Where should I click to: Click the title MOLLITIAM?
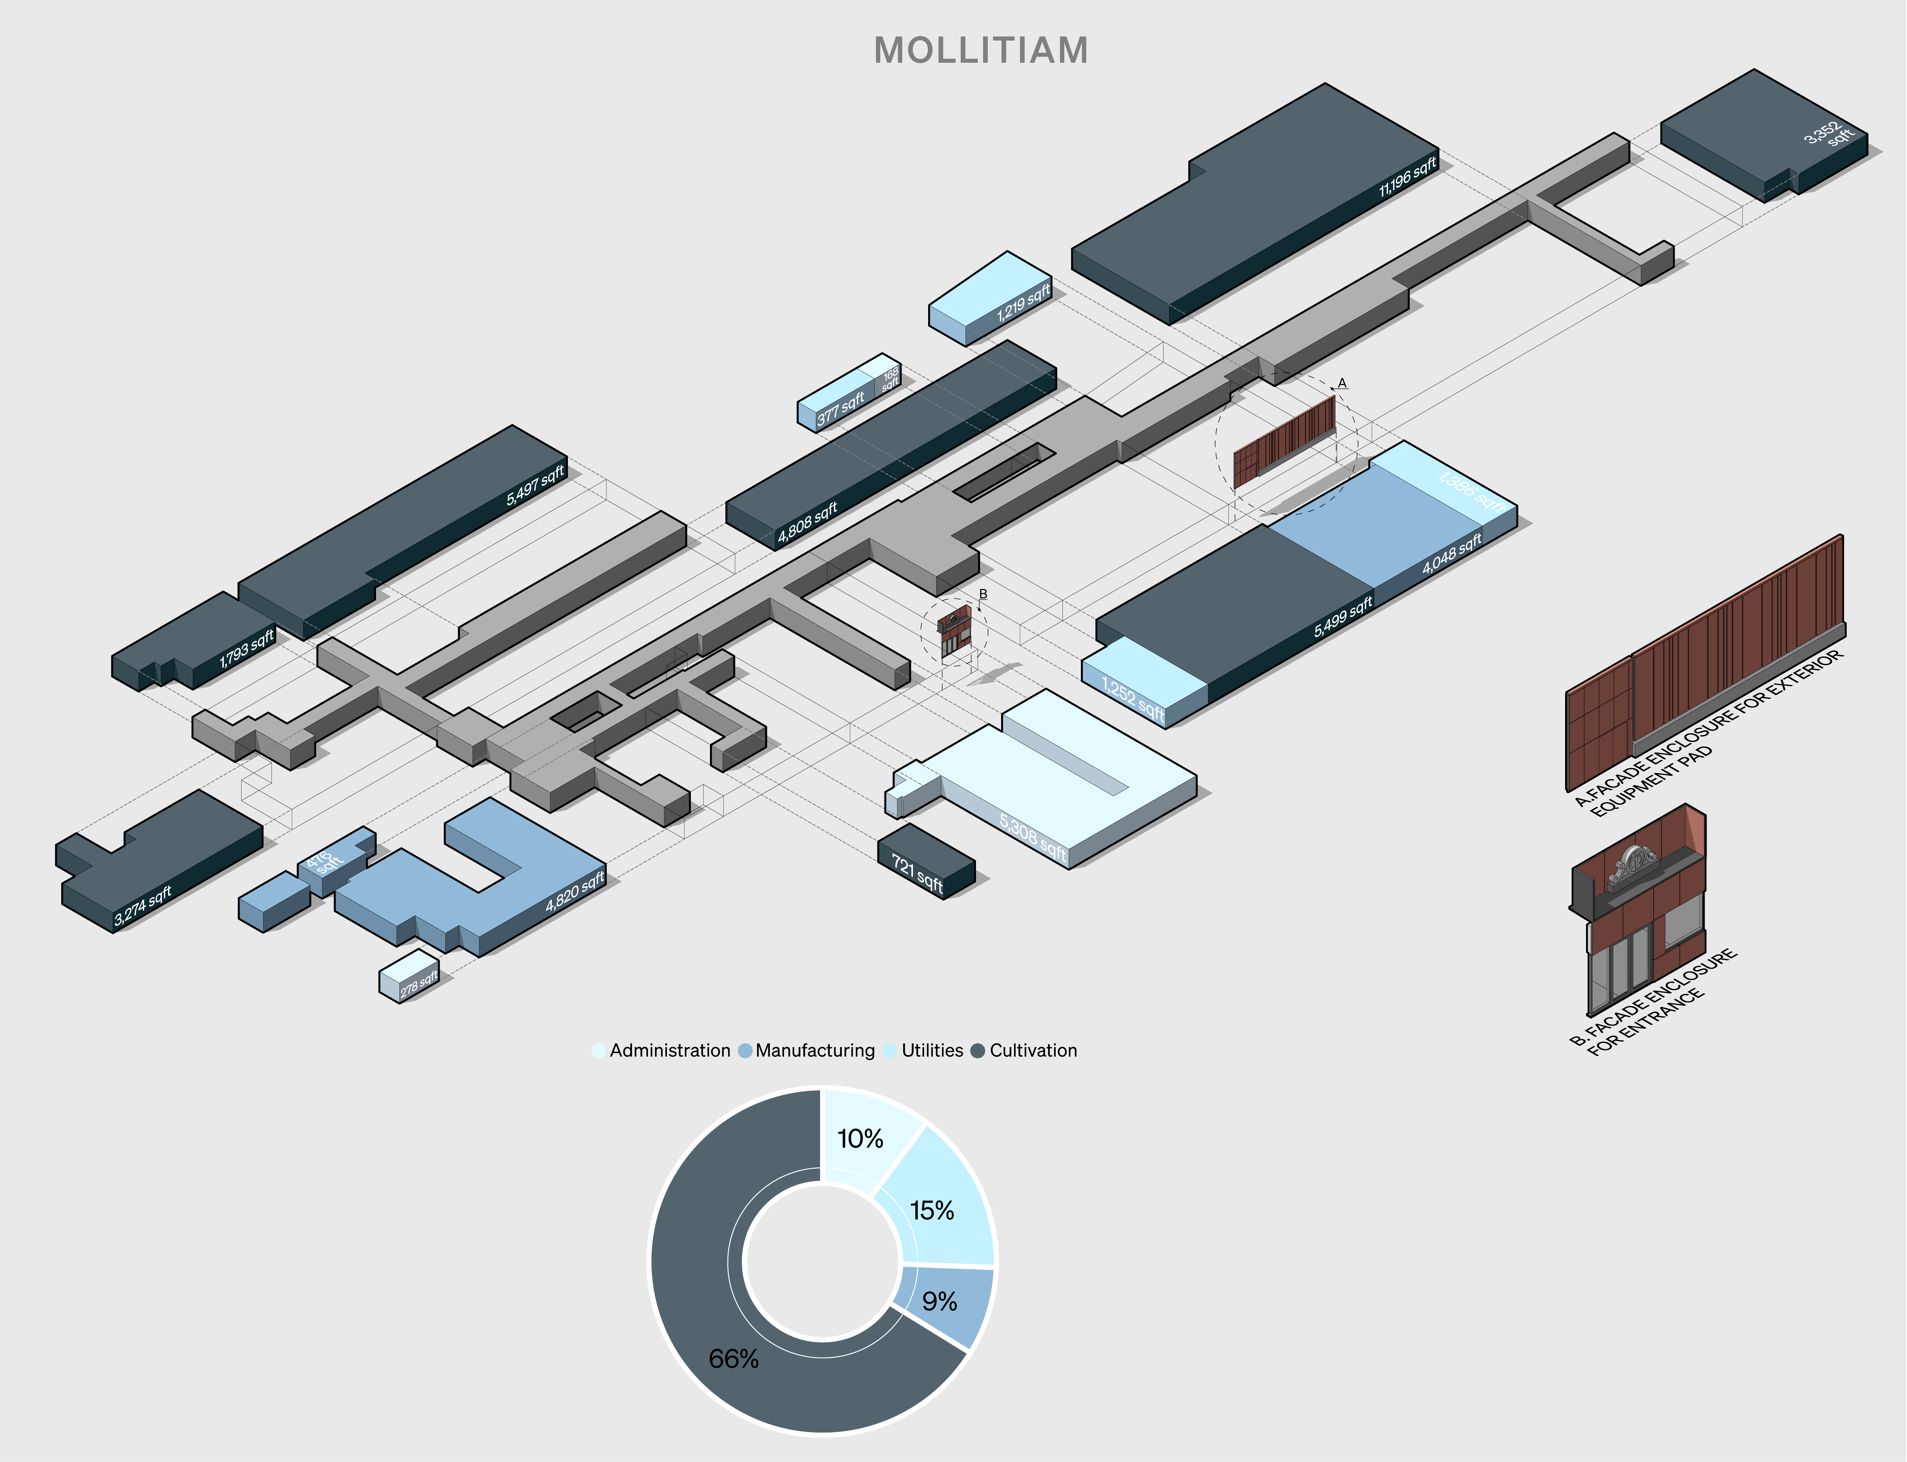[981, 50]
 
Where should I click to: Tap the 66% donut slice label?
[734, 1358]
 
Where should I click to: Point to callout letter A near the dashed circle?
[1342, 383]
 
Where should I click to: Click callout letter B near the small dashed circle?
[984, 594]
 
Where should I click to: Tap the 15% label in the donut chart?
[932, 1210]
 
